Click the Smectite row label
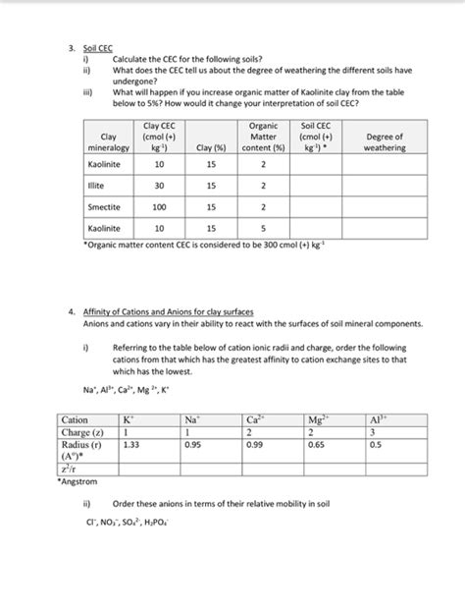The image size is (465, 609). (x=103, y=207)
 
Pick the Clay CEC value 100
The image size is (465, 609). (x=158, y=207)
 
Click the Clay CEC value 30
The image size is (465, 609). (x=158, y=186)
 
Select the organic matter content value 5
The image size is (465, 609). (x=263, y=230)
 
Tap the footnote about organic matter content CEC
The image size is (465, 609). (x=169, y=243)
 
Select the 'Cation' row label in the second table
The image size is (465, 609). (x=75, y=419)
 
